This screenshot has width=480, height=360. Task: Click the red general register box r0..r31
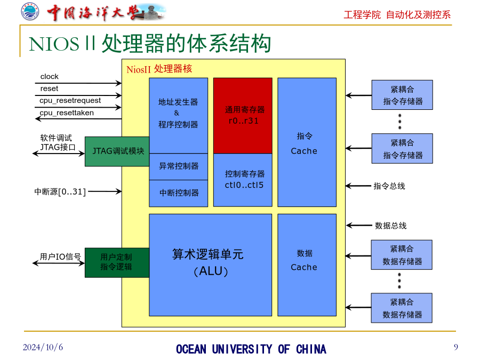coord(243,115)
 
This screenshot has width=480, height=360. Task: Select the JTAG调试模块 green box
coord(117,151)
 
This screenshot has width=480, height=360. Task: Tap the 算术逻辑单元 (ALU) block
coord(210,265)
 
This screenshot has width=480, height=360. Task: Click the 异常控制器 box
coord(179,166)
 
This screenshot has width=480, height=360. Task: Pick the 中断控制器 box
coord(179,193)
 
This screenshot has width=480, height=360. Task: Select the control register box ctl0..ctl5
coord(243,180)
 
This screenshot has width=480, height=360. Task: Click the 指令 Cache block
coord(307,142)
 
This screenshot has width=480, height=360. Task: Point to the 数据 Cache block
coord(307,265)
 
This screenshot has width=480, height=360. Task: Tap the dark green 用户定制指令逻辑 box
coord(117,262)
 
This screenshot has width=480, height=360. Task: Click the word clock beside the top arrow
coord(49,76)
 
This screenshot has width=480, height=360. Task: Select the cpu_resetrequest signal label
coord(70,101)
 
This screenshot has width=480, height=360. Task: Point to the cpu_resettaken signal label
coord(67,113)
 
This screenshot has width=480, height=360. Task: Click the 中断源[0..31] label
coord(60,192)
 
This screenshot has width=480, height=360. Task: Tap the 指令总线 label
coord(389,186)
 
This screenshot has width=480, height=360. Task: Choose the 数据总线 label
coord(391,226)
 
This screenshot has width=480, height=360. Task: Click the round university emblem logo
coord(30,12)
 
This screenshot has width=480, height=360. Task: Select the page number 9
coord(456,347)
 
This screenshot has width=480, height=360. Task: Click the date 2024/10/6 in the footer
coord(43,347)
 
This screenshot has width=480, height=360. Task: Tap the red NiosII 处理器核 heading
coord(159,69)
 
